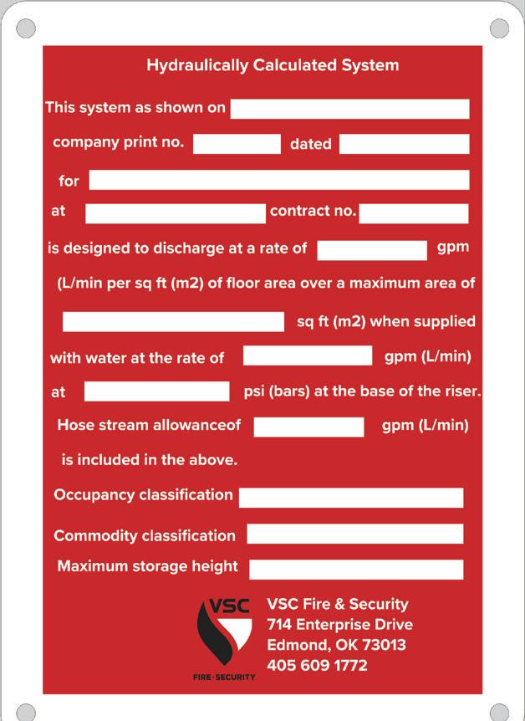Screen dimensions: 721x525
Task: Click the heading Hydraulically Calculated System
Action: pos(273,65)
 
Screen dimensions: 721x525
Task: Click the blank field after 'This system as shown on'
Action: pos(349,109)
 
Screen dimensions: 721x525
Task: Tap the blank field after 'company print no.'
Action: pos(237,144)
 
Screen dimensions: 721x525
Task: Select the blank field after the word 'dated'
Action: pos(404,144)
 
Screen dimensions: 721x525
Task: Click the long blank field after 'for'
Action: pos(279,180)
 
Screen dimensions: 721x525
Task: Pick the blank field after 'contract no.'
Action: pos(414,213)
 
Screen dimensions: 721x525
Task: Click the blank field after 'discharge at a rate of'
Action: pos(372,250)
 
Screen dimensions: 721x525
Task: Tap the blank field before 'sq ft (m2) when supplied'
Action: pos(173,321)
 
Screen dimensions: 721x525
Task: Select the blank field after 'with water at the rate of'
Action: pos(308,355)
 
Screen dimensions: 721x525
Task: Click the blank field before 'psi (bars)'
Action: pos(156,391)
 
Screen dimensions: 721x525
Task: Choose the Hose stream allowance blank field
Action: pos(308,427)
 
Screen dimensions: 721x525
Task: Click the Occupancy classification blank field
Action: pos(351,498)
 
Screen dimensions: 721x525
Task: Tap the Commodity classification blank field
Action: pos(354,534)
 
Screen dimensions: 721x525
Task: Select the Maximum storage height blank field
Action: pos(356,570)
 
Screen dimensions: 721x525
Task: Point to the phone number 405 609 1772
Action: pos(317,666)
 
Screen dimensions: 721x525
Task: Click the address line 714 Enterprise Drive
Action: pos(339,625)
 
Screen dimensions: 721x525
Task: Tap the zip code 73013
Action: pos(382,645)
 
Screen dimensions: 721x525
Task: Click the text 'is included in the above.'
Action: pos(150,460)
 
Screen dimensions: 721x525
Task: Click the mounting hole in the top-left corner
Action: pos(26,28)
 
